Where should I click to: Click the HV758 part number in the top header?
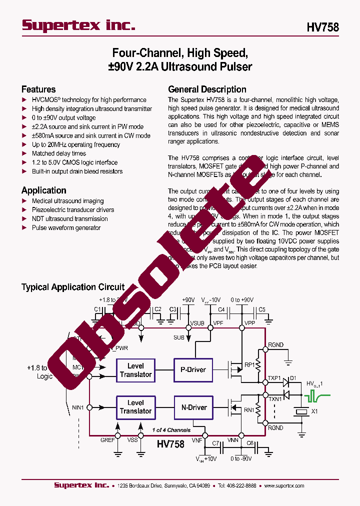click(x=322, y=27)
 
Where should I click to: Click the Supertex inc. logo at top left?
click(x=78, y=26)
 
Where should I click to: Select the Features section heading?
click(x=38, y=89)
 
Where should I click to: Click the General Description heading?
click(x=207, y=89)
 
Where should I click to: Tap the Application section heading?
click(x=44, y=190)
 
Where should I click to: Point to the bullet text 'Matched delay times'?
click(x=59, y=153)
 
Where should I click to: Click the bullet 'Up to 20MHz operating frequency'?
click(x=76, y=144)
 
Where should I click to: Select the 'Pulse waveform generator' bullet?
click(x=66, y=227)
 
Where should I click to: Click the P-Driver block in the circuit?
click(x=193, y=370)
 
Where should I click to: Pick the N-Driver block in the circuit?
click(x=193, y=407)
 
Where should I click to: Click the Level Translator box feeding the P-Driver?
click(x=135, y=370)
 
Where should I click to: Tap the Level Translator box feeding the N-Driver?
click(x=135, y=407)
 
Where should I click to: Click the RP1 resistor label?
click(x=249, y=365)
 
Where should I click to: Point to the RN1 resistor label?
click(x=249, y=410)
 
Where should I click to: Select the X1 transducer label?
click(x=314, y=412)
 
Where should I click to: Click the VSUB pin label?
click(x=197, y=323)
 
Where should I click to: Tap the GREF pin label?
click(x=108, y=440)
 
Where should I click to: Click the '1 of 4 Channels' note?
click(x=171, y=430)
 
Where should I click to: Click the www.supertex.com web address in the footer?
click(x=284, y=485)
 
